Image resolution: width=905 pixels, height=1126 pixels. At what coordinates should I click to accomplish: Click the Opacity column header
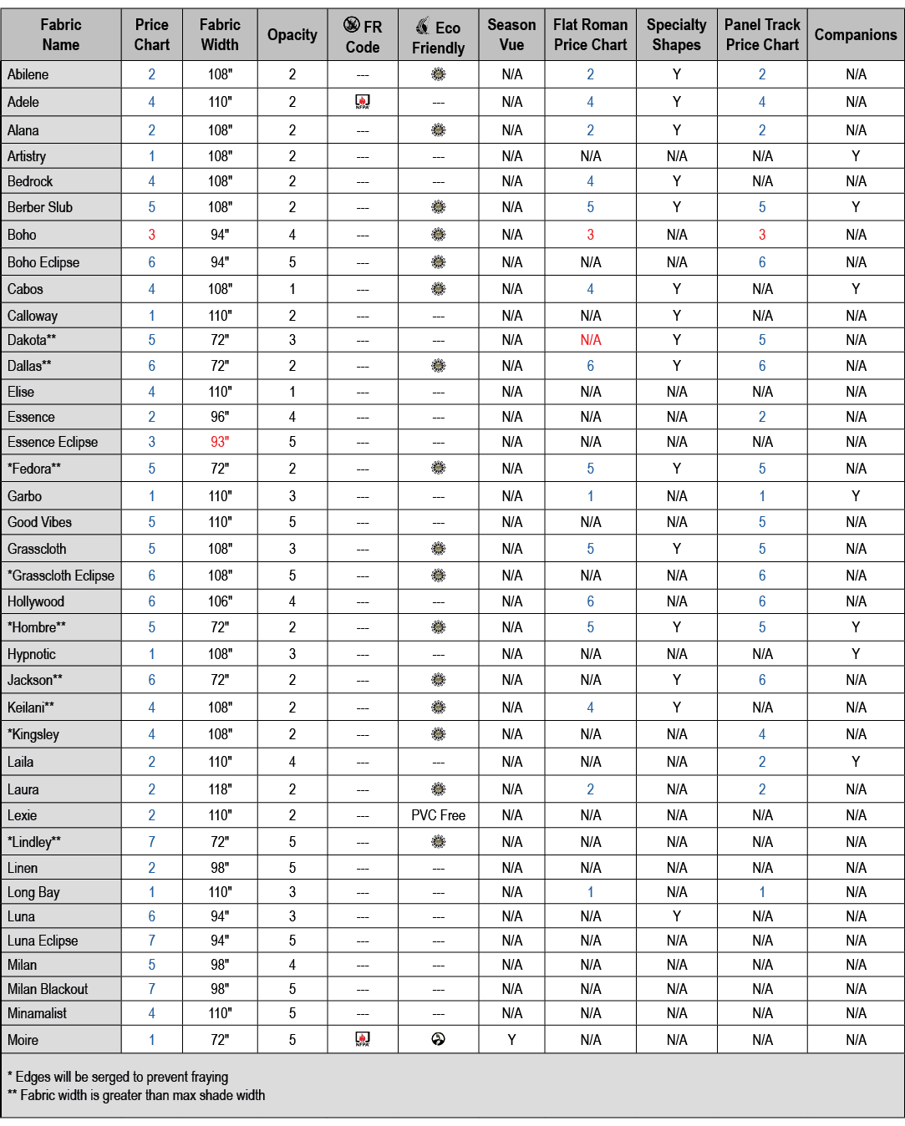pos(292,35)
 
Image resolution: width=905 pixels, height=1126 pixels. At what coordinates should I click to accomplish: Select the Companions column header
pos(855,35)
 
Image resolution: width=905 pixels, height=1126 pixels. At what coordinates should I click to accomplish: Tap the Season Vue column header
pos(511,35)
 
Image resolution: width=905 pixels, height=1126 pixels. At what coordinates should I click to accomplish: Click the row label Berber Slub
pos(40,207)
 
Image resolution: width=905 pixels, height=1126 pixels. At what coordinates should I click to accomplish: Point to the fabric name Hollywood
pos(36,601)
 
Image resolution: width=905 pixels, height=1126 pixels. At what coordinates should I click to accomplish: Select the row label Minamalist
pos(38,1013)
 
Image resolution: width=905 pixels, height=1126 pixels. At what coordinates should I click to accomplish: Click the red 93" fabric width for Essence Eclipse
pos(220,442)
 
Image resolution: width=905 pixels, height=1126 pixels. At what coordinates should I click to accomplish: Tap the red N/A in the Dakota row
pos(590,340)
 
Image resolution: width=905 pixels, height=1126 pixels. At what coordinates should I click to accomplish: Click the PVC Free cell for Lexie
pos(438,815)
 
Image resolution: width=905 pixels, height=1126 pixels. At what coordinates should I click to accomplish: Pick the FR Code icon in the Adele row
pos(363,102)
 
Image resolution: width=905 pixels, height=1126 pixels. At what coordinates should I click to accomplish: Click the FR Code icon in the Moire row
pos(363,1039)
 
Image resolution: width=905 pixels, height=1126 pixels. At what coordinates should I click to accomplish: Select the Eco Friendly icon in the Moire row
pos(438,1039)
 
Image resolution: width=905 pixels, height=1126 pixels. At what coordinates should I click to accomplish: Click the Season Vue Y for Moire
pos(511,1040)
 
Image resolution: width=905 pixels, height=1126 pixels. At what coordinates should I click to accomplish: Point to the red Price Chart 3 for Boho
pos(151,235)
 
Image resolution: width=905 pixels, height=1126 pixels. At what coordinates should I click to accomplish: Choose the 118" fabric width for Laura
pos(220,789)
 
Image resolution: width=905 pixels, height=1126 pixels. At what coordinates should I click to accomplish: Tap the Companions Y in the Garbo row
pos(855,496)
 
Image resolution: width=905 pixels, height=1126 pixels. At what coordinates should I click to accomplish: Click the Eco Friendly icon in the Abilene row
pos(438,74)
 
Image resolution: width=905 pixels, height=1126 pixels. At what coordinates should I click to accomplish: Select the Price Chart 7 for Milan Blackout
pos(151,989)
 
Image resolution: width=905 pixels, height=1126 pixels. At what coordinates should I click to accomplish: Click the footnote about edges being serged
pos(118,1077)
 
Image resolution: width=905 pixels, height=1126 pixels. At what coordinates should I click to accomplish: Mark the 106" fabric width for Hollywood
pos(220,601)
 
